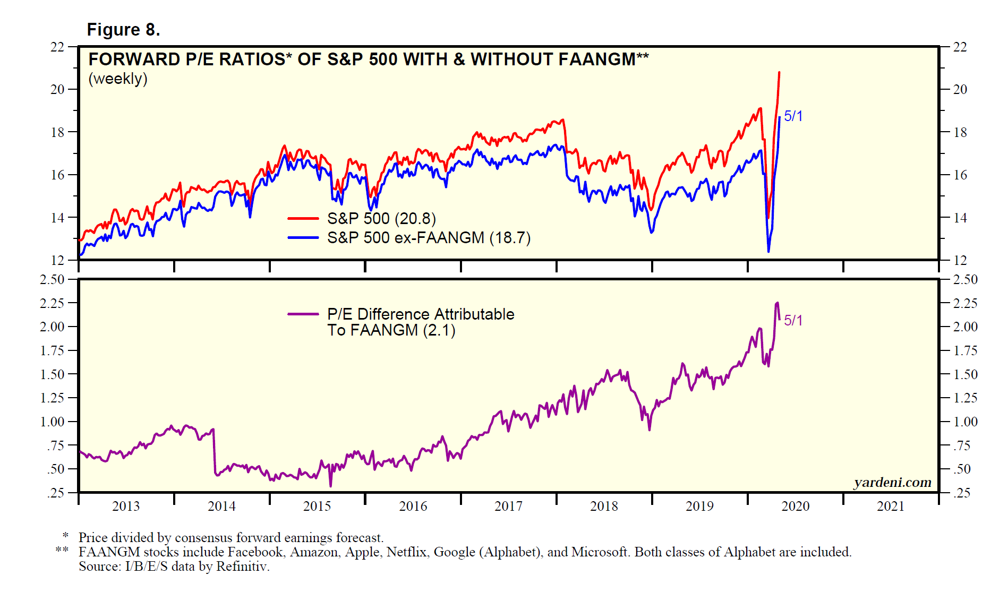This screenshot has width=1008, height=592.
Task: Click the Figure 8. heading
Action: point(123,30)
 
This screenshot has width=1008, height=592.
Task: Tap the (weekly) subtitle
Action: point(118,79)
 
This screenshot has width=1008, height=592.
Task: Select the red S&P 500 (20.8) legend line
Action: point(303,218)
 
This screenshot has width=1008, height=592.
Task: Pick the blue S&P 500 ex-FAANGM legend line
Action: point(303,237)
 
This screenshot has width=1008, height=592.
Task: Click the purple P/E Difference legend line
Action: point(303,314)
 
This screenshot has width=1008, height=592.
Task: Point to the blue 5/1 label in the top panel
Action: point(793,116)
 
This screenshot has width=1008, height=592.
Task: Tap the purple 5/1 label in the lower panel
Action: point(793,320)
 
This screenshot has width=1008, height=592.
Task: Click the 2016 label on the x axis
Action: point(413,506)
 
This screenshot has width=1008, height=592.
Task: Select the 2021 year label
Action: point(891,506)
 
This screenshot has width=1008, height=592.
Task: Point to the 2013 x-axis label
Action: point(126,506)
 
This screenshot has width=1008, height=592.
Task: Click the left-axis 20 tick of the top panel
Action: point(57,89)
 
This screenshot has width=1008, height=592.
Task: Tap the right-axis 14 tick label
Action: point(960,217)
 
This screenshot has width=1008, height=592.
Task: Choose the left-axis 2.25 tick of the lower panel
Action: point(52,303)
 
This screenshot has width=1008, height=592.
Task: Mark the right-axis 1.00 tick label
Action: point(965,422)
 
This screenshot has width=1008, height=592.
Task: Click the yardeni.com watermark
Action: point(892,482)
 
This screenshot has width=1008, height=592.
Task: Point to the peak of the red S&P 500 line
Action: point(779,72)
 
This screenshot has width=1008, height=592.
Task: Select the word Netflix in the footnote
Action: point(406,552)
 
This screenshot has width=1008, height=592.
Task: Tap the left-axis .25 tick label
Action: point(56,493)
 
